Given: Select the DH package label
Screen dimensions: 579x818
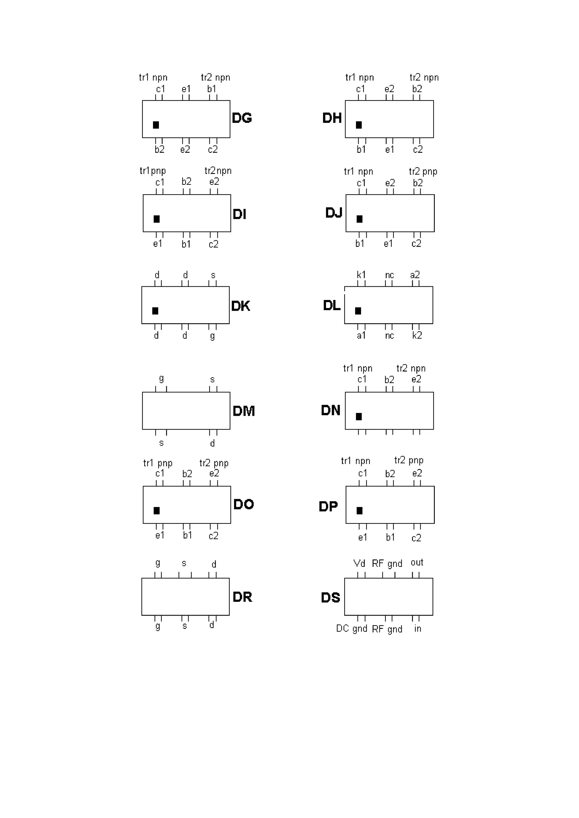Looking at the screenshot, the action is [x=332, y=118].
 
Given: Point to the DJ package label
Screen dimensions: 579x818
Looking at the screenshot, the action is [x=334, y=213].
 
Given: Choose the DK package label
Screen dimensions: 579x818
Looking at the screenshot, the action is [x=240, y=306].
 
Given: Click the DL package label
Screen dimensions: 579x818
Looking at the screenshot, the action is [x=331, y=305].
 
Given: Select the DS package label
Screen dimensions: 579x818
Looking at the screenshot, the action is [x=330, y=598].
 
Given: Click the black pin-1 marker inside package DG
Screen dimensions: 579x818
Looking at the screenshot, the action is [x=156, y=125].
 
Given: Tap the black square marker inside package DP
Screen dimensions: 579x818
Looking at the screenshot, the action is [x=360, y=511].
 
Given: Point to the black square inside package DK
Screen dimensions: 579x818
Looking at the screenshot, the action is [x=155, y=311].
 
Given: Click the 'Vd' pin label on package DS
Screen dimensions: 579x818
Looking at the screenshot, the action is [x=359, y=563].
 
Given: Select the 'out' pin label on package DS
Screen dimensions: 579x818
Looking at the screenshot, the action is [x=417, y=563].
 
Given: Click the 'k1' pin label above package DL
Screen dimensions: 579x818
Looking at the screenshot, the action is [x=361, y=275].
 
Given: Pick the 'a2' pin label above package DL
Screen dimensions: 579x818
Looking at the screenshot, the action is [x=415, y=275].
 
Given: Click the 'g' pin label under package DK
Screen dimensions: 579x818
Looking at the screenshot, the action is [x=212, y=336].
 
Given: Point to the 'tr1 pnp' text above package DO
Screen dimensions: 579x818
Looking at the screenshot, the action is [x=158, y=463].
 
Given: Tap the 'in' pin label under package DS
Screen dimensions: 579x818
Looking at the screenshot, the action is [x=417, y=629].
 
